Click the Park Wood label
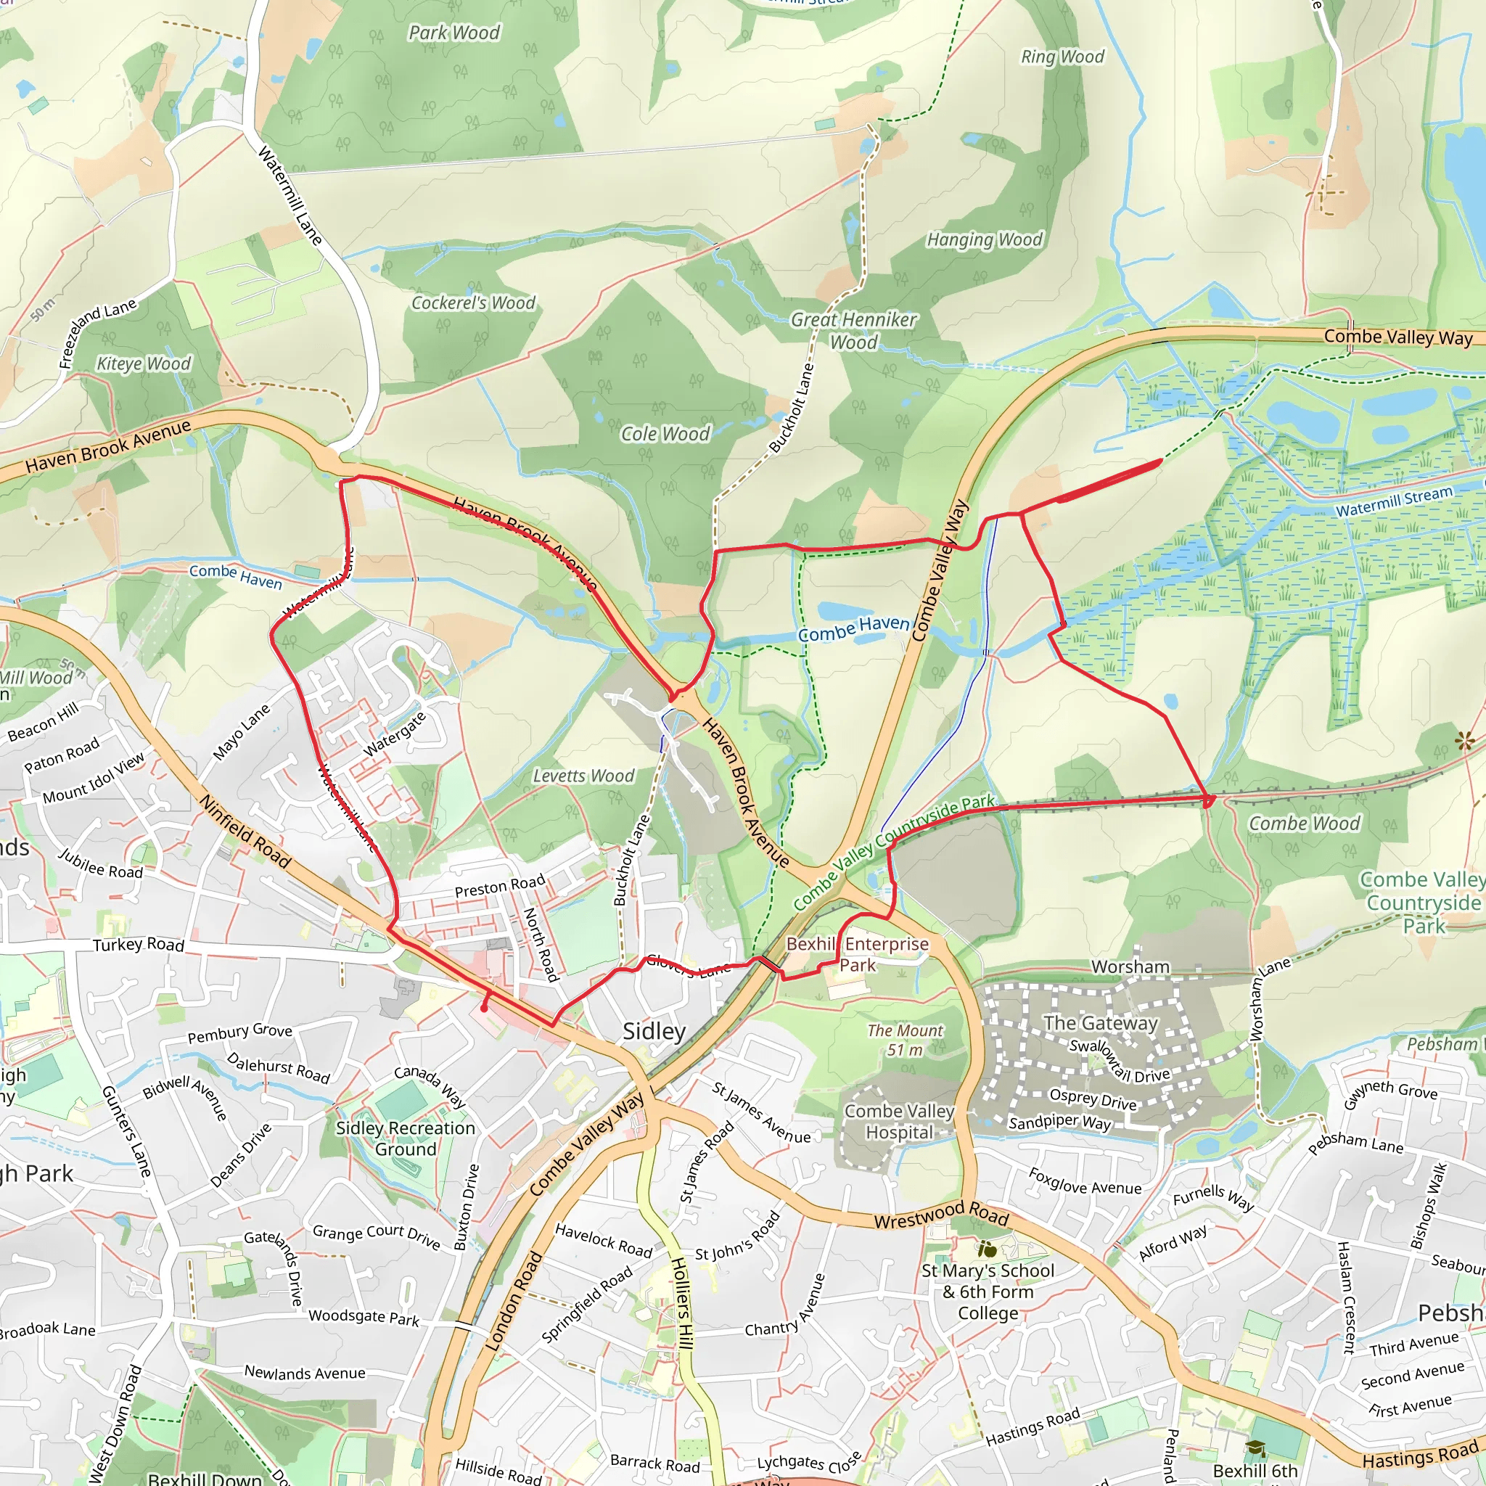click(453, 33)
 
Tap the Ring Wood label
click(1062, 57)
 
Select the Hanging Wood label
click(984, 240)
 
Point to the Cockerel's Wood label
click(473, 303)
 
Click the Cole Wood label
click(665, 434)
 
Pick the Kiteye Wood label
click(143, 364)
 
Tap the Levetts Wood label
click(584, 776)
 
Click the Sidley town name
click(654, 1032)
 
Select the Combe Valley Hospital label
click(899, 1122)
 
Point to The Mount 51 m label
click(906, 1040)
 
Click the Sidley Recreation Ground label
click(406, 1138)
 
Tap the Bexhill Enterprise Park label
click(857, 955)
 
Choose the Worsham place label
click(1130, 966)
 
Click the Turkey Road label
click(139, 945)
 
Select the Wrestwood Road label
click(940, 1216)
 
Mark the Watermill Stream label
click(1394, 501)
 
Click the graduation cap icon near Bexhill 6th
click(1255, 1449)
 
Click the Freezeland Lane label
click(98, 333)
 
